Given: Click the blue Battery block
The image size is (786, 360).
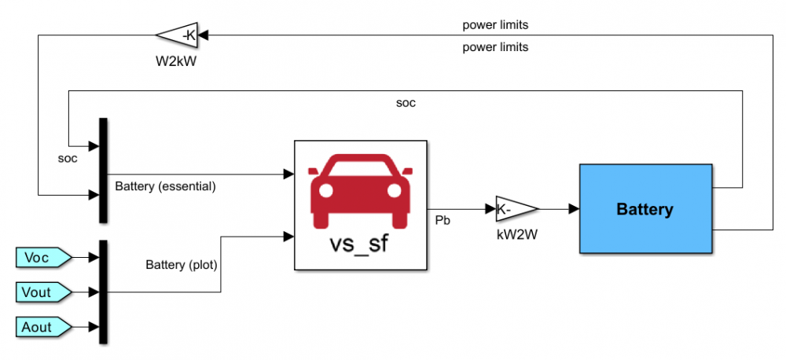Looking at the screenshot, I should [645, 209].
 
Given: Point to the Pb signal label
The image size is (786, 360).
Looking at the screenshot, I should [443, 222].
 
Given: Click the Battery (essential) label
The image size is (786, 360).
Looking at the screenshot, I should [165, 187].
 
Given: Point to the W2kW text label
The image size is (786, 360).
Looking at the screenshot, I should [175, 58].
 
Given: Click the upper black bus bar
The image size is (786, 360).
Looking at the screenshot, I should [103, 170].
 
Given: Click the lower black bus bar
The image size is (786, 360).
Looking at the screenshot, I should [103, 292].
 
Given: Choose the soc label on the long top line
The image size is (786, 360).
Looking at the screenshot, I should [406, 102].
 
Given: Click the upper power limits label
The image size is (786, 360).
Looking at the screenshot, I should [495, 24].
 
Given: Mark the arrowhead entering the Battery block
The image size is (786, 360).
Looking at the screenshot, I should [575, 209].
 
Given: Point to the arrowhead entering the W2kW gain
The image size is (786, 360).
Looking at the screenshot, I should [201, 35].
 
